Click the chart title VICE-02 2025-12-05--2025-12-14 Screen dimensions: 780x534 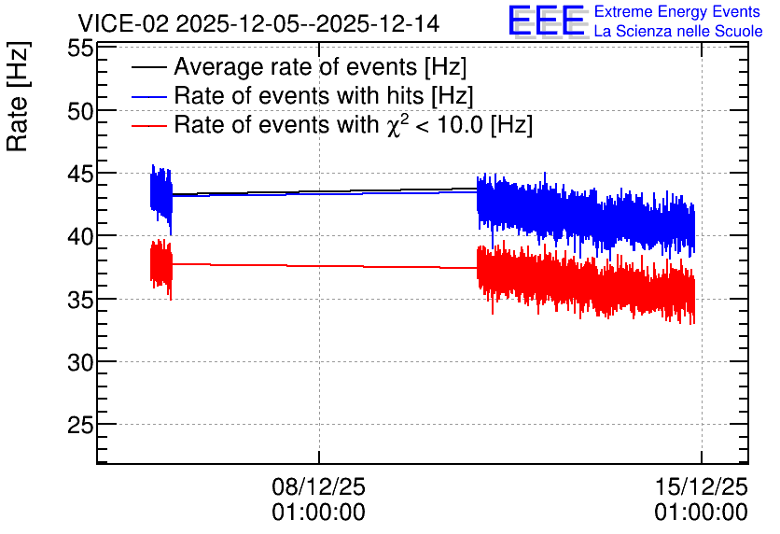click(258, 23)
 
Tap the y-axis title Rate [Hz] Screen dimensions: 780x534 click(18, 96)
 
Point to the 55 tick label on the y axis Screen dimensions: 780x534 click(80, 49)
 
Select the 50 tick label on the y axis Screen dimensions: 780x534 click(80, 112)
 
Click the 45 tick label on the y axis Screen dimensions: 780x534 click(80, 175)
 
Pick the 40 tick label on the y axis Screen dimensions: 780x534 click(80, 237)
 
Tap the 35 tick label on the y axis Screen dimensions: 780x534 click(80, 300)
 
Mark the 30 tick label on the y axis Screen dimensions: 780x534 click(80, 363)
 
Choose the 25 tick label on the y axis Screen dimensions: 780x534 click(80, 426)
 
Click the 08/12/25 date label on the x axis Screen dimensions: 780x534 click(318, 486)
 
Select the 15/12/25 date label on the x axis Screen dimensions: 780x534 click(701, 486)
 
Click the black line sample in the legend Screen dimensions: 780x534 click(148, 67)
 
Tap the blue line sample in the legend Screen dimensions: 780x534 click(148, 96)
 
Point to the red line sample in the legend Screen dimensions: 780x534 click(148, 125)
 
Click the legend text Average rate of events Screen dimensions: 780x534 click(296, 67)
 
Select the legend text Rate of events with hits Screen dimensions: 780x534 click(299, 96)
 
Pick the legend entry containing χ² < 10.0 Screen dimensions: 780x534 click(354, 124)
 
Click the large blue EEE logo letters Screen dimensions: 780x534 click(547, 21)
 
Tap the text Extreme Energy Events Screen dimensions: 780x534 click(677, 11)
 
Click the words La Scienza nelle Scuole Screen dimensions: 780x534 click(678, 31)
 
